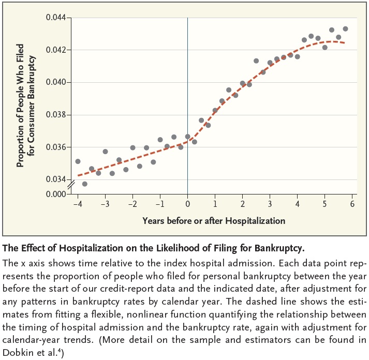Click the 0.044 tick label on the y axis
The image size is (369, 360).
pyautogui.click(x=56, y=18)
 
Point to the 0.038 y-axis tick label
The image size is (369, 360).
pyautogui.click(x=56, y=115)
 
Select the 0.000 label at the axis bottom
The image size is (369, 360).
pyautogui.click(x=56, y=194)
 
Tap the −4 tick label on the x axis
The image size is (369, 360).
pyautogui.click(x=77, y=204)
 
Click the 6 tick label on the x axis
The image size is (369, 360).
pyautogui.click(x=352, y=204)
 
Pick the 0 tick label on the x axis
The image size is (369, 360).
pyautogui.click(x=187, y=204)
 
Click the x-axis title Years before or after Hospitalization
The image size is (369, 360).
pyautogui.click(x=214, y=221)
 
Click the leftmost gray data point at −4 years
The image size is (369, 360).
pyautogui.click(x=78, y=161)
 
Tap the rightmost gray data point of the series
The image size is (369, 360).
pyautogui.click(x=345, y=29)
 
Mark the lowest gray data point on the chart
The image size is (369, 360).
pyautogui.click(x=85, y=184)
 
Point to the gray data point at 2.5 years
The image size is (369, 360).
pyautogui.click(x=256, y=61)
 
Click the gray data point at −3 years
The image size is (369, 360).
pyautogui.click(x=105, y=152)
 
